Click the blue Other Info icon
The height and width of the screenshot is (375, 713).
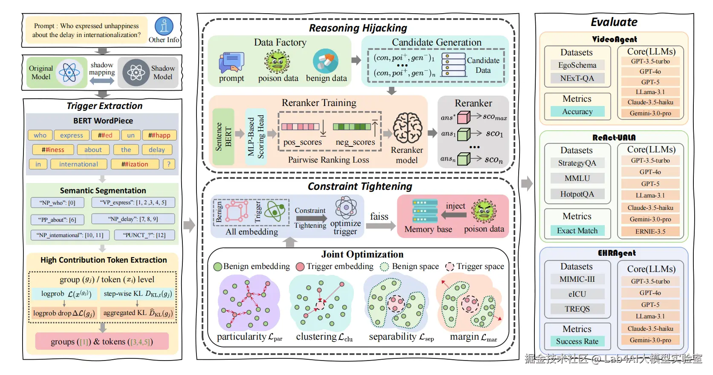164,26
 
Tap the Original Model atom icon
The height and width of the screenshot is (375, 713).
69,72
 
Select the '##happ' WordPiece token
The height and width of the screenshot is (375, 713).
159,135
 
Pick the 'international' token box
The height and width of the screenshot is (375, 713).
78,164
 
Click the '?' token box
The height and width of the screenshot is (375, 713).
169,164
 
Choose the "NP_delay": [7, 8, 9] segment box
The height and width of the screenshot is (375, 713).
133,219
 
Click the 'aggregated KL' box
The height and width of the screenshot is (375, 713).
137,313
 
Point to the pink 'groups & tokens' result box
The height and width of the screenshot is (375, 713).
102,341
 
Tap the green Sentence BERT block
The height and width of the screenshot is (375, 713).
223,137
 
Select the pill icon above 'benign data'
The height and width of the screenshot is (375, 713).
326,61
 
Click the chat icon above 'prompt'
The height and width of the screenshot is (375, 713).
231,62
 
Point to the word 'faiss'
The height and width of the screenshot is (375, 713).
379,217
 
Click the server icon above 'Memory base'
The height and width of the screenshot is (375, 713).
425,211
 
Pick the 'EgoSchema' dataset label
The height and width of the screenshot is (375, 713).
577,65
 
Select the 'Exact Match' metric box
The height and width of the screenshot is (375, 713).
577,231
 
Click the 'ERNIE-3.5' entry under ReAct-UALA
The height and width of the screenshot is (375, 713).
650,232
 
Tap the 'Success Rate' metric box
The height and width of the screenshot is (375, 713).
577,341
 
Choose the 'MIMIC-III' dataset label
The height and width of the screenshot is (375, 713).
577,279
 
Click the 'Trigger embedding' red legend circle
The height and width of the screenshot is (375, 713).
300,266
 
